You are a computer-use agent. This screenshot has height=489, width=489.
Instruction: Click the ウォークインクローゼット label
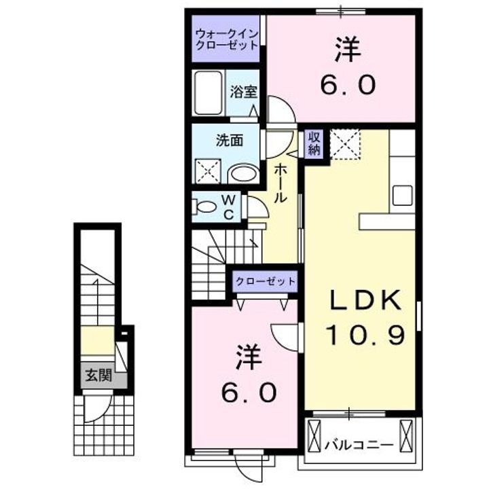227,39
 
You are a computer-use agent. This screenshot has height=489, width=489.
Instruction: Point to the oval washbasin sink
242,173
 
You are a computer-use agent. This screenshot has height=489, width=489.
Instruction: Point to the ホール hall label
280,184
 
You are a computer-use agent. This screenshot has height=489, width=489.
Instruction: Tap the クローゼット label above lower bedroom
265,280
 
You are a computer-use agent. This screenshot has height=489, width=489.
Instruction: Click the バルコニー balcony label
358,446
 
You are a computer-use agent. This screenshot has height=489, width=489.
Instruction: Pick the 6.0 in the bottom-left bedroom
249,392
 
